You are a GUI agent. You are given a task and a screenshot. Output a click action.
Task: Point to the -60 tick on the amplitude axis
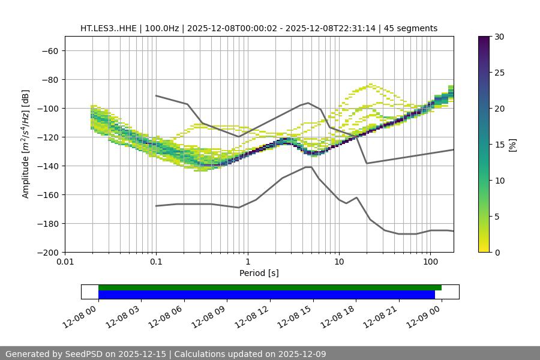49,50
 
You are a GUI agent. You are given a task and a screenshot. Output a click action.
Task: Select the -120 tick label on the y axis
47,137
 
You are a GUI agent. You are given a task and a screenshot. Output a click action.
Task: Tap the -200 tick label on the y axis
47,252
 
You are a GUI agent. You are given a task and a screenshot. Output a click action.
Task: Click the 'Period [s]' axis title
259,273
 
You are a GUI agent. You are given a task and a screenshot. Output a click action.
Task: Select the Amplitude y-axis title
26,144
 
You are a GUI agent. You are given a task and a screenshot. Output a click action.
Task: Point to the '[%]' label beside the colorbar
512,145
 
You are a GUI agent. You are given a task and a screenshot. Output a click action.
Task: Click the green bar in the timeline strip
270,287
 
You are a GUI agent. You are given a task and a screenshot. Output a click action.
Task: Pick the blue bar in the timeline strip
266,295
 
